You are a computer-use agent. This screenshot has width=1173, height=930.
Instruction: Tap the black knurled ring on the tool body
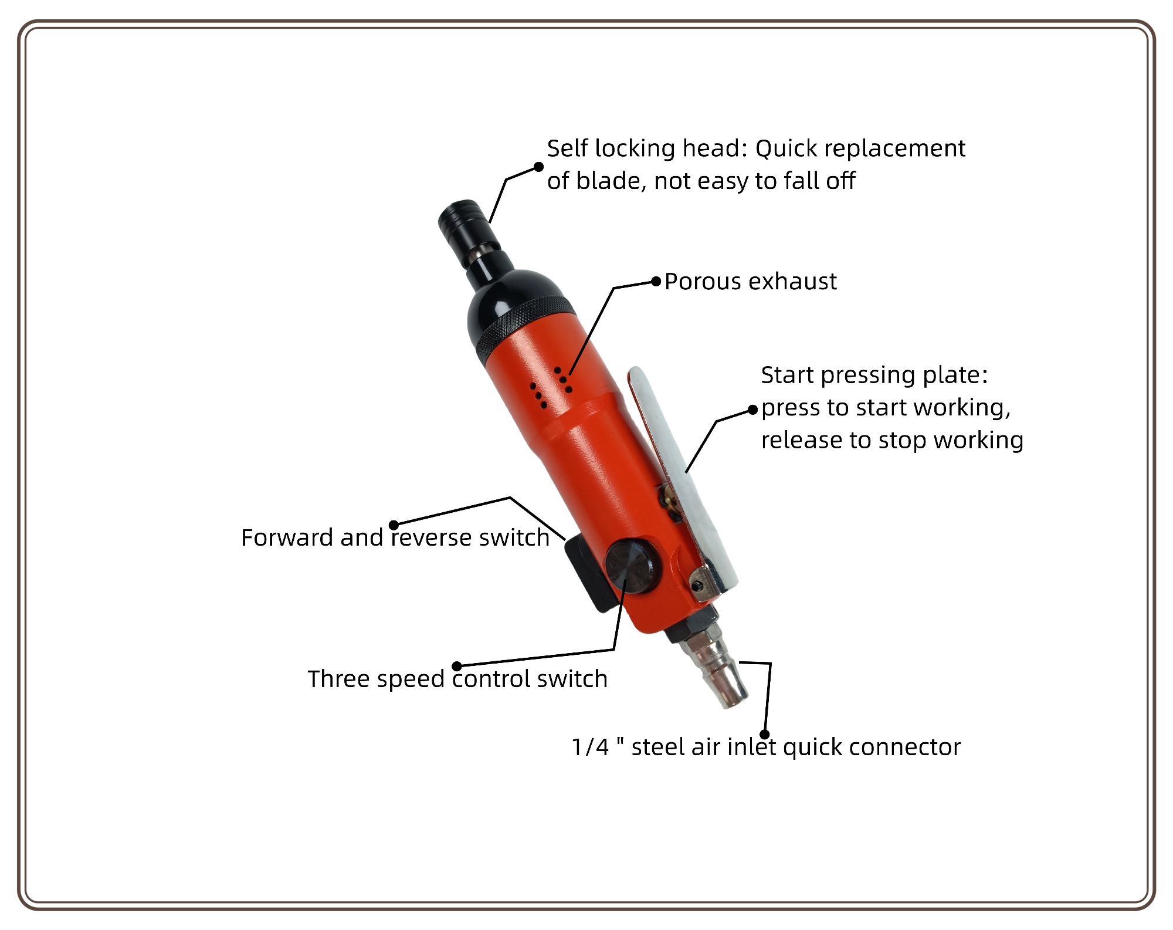[x=525, y=329]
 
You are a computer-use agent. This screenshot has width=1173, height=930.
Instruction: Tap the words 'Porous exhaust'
[x=750, y=282]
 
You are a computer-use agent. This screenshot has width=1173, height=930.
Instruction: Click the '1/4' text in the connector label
[x=591, y=747]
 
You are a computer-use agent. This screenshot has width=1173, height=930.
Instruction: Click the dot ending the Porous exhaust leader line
[x=657, y=282]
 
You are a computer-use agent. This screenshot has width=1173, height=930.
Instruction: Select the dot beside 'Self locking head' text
[x=538, y=167]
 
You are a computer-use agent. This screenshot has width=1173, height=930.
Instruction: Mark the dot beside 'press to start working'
[x=753, y=411]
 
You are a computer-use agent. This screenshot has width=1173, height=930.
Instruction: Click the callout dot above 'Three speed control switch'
[x=457, y=666]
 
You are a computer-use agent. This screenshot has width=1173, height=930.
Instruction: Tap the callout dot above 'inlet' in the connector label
[x=765, y=734]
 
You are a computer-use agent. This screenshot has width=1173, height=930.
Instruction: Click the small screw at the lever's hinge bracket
[x=697, y=586]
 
